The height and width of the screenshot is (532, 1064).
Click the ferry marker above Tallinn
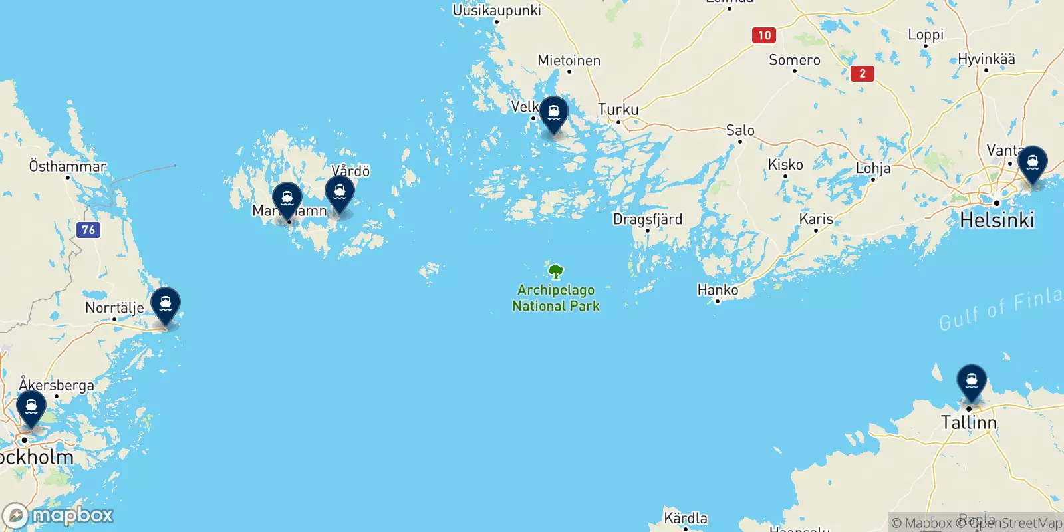(x=971, y=380)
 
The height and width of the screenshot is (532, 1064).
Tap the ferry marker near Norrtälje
(x=166, y=304)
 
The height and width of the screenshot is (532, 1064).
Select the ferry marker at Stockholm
(x=31, y=407)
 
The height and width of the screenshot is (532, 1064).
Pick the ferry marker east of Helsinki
(x=1032, y=162)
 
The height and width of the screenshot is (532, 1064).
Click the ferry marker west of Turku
(x=553, y=113)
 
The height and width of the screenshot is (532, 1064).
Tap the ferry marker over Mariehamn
(x=287, y=198)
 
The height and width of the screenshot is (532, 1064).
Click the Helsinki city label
(x=997, y=220)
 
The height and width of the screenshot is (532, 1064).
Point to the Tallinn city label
(x=968, y=422)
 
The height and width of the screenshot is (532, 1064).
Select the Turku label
(x=618, y=110)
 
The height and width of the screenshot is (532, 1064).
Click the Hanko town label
(x=718, y=290)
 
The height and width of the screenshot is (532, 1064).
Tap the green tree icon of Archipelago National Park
(x=556, y=271)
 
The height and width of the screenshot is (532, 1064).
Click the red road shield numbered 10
(x=764, y=35)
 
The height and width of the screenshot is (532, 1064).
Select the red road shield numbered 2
(x=863, y=74)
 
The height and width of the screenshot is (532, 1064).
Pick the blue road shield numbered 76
(x=88, y=230)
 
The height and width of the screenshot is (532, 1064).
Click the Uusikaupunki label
(x=497, y=11)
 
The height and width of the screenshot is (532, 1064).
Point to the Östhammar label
(x=67, y=166)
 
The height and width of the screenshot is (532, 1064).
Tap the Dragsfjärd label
(x=647, y=219)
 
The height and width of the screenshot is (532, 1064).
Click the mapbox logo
(x=58, y=515)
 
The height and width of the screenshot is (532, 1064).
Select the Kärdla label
(x=686, y=518)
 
